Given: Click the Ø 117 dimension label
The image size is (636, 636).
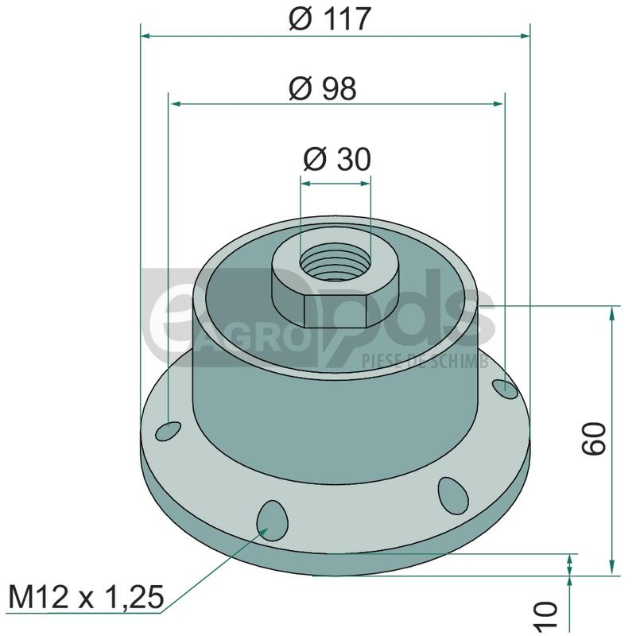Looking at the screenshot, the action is coord(330,18).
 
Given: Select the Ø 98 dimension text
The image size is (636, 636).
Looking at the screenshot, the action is coord(323,88).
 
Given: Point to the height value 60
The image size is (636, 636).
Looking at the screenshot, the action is coord(593,438).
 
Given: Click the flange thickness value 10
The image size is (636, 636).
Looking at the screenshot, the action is coord(547,615).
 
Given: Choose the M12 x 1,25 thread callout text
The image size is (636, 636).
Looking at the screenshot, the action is coord(86,597).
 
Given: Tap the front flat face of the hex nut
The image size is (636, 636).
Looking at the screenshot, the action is coord(335,312).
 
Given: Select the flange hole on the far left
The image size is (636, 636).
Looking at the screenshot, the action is coord(169,431).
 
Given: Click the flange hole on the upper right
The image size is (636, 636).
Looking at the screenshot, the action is coord(505,390).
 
